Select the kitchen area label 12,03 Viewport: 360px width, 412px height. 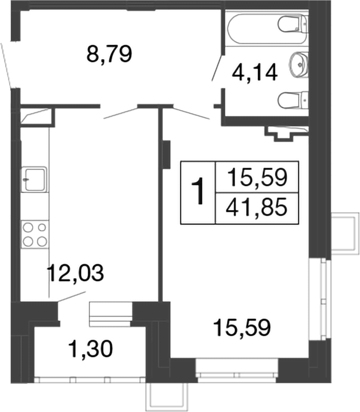(x=76, y=273)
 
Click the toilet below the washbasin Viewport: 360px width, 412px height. (x=292, y=101)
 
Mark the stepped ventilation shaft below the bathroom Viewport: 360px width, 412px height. (x=281, y=134)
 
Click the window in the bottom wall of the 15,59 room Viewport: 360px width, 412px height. (x=236, y=367)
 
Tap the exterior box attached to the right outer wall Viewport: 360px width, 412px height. (x=343, y=233)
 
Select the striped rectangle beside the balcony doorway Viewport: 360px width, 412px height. (x=111, y=314)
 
